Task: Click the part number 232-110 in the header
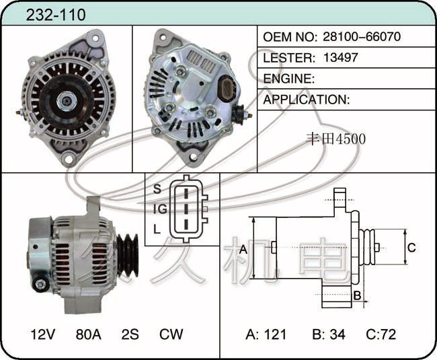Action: (56, 15)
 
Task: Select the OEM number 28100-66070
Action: (362, 36)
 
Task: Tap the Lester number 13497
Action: (341, 57)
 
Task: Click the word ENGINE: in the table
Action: (288, 79)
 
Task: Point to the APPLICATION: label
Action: (307, 100)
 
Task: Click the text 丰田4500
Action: (336, 139)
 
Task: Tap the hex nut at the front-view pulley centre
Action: (67, 101)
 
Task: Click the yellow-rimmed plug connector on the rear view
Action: (227, 87)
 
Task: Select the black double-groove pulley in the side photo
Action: (128, 255)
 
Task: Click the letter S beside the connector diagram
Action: (157, 189)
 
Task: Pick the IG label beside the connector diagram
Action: (160, 209)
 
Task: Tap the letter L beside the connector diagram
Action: (157, 229)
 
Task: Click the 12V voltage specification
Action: (43, 334)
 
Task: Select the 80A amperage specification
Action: (88, 334)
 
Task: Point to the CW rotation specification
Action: (171, 334)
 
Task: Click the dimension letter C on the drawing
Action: (411, 248)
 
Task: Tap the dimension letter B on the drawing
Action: (357, 295)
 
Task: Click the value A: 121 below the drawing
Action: (266, 334)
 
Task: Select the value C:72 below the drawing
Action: (381, 334)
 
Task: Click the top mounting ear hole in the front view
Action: (95, 38)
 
